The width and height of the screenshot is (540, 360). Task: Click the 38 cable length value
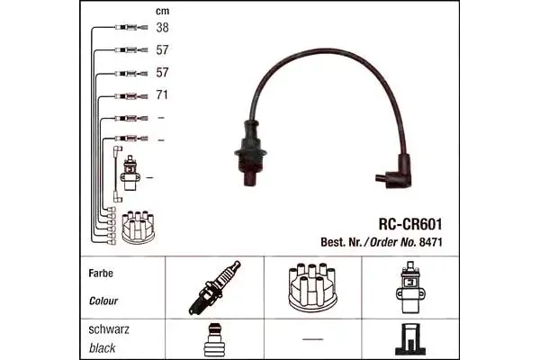click(x=162, y=28)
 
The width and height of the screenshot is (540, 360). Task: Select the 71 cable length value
click(x=162, y=94)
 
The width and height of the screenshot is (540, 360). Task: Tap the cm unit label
click(x=163, y=11)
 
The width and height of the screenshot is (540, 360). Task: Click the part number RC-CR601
click(x=410, y=224)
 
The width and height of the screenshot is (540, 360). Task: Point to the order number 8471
click(x=430, y=242)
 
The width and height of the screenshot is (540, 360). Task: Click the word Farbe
click(x=101, y=274)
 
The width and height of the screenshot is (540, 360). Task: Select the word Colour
click(x=103, y=301)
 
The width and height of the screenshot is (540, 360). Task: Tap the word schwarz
click(x=109, y=329)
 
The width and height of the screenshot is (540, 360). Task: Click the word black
click(x=103, y=348)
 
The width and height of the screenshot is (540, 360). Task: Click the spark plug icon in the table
click(x=214, y=288)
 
